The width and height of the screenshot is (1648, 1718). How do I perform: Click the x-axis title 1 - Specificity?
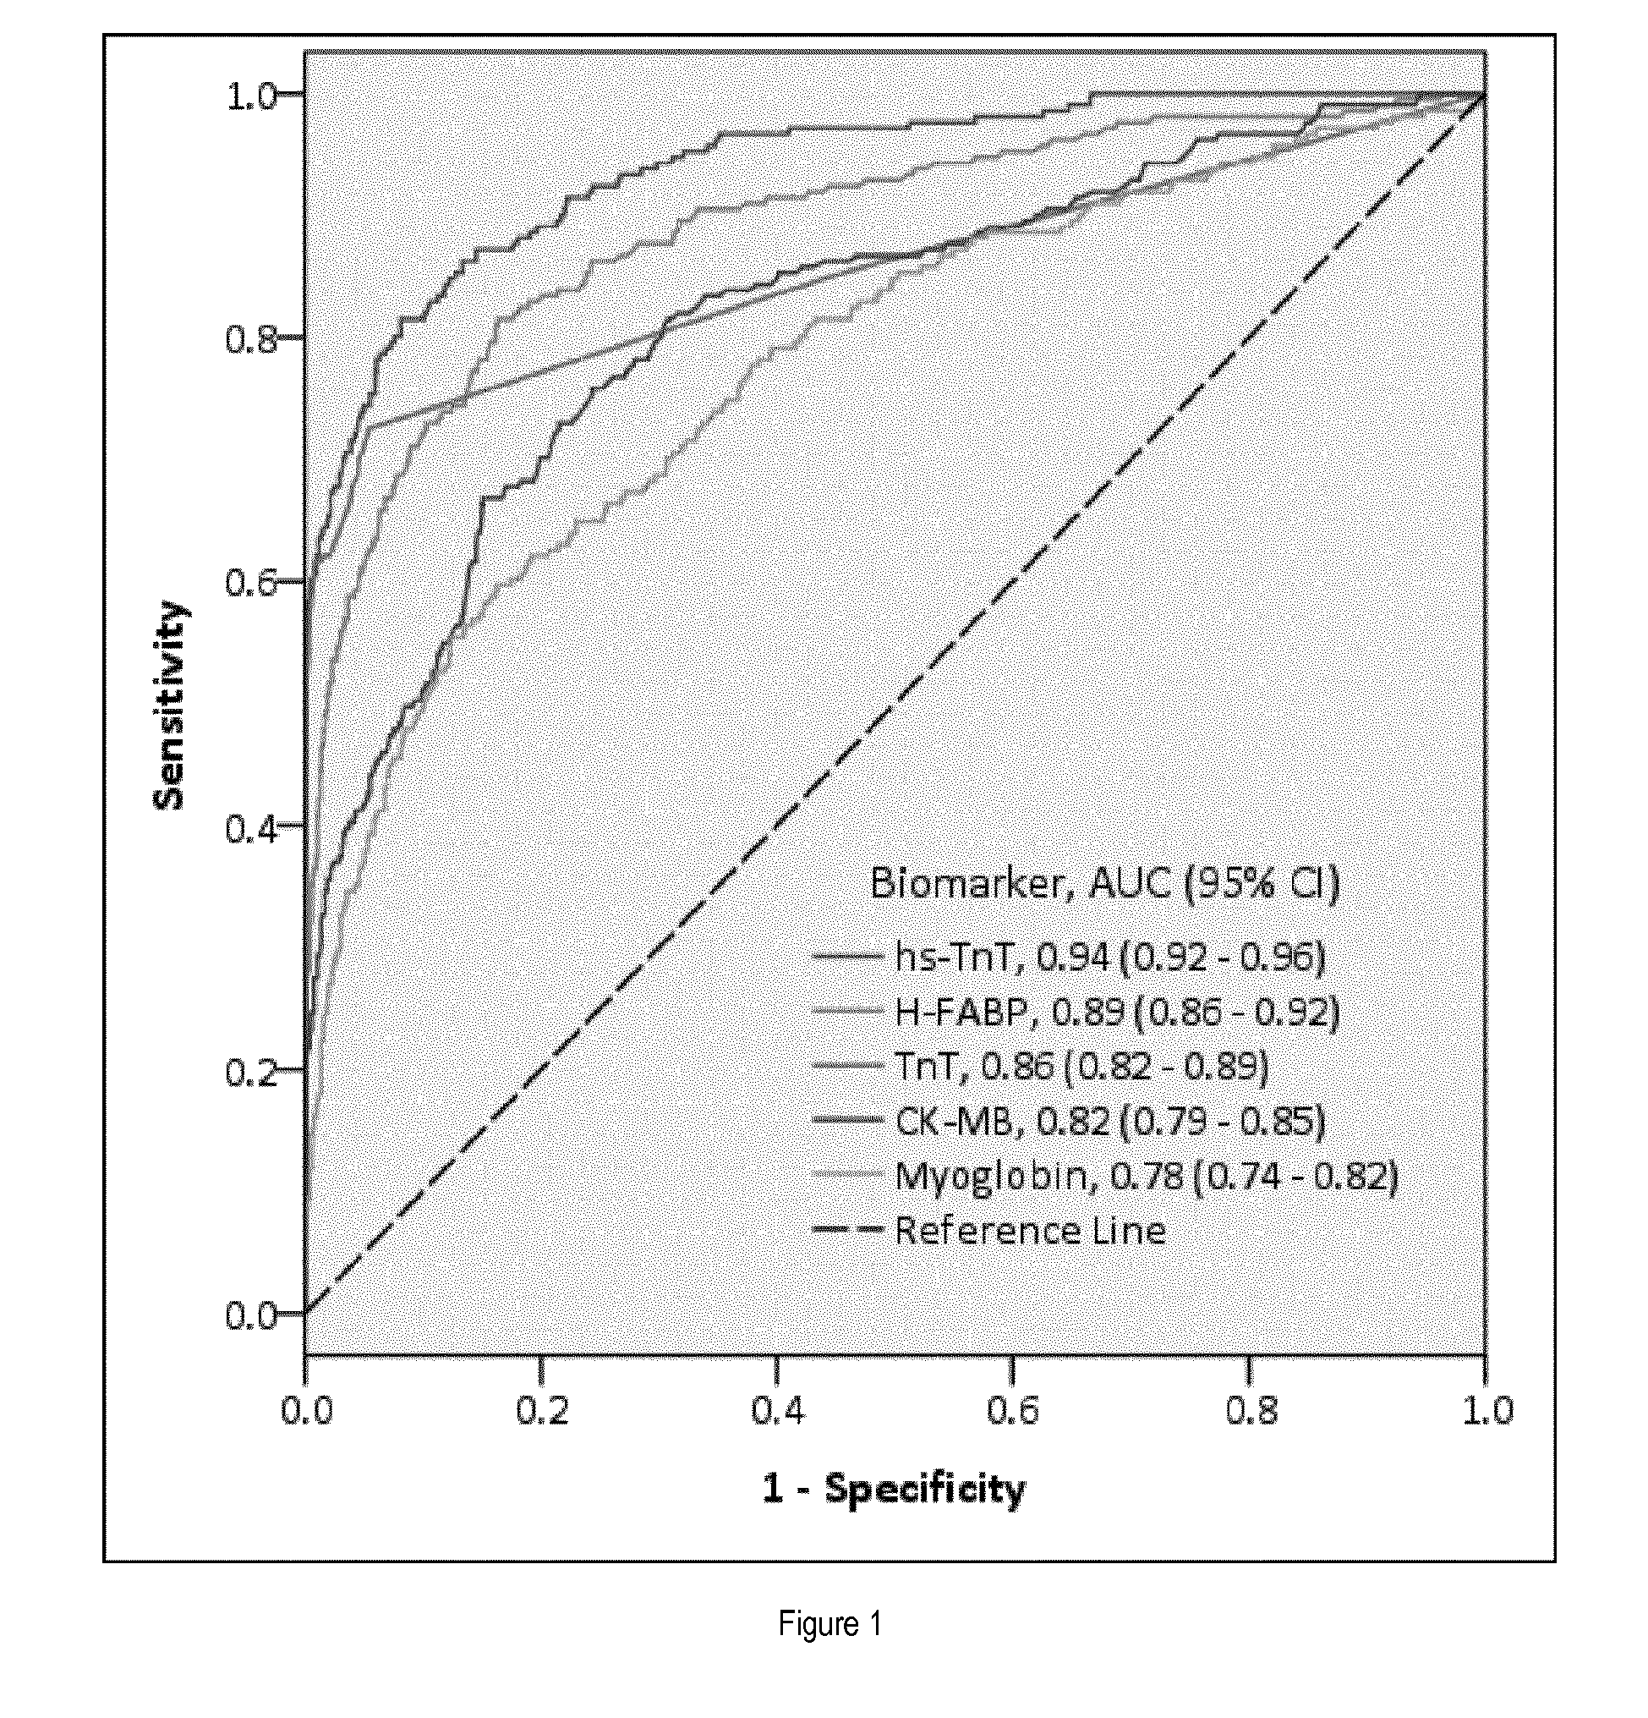pyautogui.click(x=894, y=1490)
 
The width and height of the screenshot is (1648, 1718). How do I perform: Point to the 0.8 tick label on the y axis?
pyautogui.click(x=251, y=339)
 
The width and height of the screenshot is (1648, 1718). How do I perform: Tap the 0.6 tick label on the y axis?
pyautogui.click(x=251, y=583)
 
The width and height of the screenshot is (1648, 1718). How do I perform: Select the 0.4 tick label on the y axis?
pyautogui.click(x=251, y=826)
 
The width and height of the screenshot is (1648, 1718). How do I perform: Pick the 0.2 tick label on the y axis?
pyautogui.click(x=251, y=1071)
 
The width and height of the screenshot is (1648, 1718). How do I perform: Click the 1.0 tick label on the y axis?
pyautogui.click(x=251, y=96)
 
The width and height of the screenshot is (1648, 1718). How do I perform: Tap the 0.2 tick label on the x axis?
pyautogui.click(x=542, y=1410)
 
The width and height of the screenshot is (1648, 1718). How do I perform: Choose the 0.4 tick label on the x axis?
pyautogui.click(x=778, y=1410)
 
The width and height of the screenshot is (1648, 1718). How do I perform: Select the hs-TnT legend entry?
pyautogui.click(x=1069, y=957)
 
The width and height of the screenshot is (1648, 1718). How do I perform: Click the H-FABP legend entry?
pyautogui.click(x=1076, y=1012)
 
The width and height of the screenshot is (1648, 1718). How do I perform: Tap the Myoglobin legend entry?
pyautogui.click(x=1105, y=1175)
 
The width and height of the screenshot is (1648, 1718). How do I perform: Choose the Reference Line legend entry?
pyautogui.click(x=989, y=1230)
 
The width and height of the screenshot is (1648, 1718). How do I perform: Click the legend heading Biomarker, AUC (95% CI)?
pyautogui.click(x=1105, y=884)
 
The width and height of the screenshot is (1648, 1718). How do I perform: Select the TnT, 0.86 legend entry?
pyautogui.click(x=1041, y=1066)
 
